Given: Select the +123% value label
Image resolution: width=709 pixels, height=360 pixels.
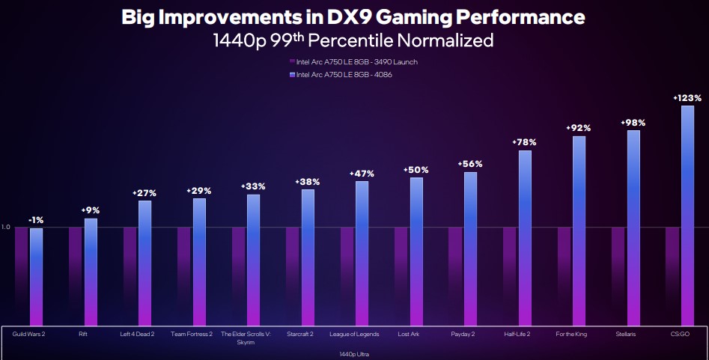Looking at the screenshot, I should [687, 98].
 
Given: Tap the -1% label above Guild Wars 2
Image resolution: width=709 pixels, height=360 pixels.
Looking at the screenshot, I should [36, 220].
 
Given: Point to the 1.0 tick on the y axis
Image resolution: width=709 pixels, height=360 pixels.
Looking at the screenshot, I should [6, 228].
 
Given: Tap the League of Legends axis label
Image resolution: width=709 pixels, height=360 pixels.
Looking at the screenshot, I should [354, 334].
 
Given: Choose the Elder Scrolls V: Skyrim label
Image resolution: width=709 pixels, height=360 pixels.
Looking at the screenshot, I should [246, 338].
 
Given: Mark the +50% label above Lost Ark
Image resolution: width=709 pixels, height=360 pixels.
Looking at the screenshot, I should [416, 170].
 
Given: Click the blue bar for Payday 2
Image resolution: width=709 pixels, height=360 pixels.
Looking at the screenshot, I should [470, 247].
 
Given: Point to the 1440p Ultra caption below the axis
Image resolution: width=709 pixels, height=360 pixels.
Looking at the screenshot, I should [355, 353].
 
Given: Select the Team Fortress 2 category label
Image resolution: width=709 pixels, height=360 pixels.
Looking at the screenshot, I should [192, 334].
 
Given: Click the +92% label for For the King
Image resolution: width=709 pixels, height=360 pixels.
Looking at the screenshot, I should [579, 128].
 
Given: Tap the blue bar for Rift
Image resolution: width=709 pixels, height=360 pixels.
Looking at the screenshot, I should [91, 270].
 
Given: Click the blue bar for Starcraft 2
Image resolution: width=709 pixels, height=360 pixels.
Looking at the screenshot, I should [308, 255].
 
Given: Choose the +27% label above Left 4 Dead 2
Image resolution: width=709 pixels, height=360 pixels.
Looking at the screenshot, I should [144, 193].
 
